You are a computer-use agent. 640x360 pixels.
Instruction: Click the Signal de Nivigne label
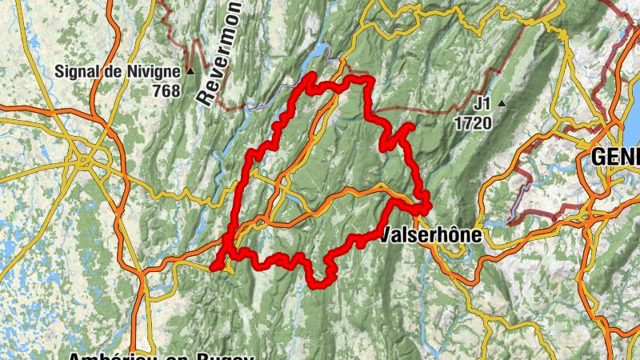tap(117, 71)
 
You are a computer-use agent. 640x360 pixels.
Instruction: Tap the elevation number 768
tap(166, 91)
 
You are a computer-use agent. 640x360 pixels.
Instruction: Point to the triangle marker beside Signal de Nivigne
tap(190, 71)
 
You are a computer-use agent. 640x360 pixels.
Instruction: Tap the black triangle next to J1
tap(502, 103)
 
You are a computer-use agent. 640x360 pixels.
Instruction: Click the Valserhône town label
tap(432, 235)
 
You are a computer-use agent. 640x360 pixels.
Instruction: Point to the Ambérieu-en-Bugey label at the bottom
tap(160, 355)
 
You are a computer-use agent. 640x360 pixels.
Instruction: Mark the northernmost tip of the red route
tap(312, 74)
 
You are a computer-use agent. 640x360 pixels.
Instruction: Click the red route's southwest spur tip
tap(216, 266)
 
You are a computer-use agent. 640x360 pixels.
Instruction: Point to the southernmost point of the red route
tap(318, 284)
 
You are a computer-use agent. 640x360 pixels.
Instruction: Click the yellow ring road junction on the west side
tap(86, 160)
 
